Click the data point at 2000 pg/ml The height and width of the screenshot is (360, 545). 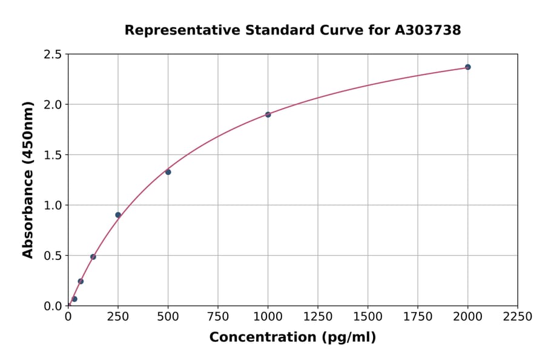click(467, 67)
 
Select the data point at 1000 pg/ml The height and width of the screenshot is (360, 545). click(268, 115)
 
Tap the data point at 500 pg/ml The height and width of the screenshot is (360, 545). click(168, 172)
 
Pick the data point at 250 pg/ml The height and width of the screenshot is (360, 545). click(118, 215)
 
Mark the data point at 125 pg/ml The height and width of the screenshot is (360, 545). click(93, 257)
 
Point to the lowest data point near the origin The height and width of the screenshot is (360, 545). click(74, 299)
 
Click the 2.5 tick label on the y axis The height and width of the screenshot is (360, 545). click(53, 55)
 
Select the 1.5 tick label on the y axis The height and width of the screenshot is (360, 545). click(53, 155)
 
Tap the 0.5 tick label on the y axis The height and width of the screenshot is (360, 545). click(53, 256)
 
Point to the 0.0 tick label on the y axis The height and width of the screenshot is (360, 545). click(53, 306)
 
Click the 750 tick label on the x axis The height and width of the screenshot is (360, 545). click(218, 317)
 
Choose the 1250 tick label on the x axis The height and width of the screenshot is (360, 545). click(318, 317)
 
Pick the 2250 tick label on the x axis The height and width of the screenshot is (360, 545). click(518, 317)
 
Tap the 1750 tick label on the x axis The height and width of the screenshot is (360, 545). click(418, 317)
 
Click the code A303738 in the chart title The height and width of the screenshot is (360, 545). click(428, 30)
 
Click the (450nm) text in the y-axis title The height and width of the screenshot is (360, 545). click(28, 139)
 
